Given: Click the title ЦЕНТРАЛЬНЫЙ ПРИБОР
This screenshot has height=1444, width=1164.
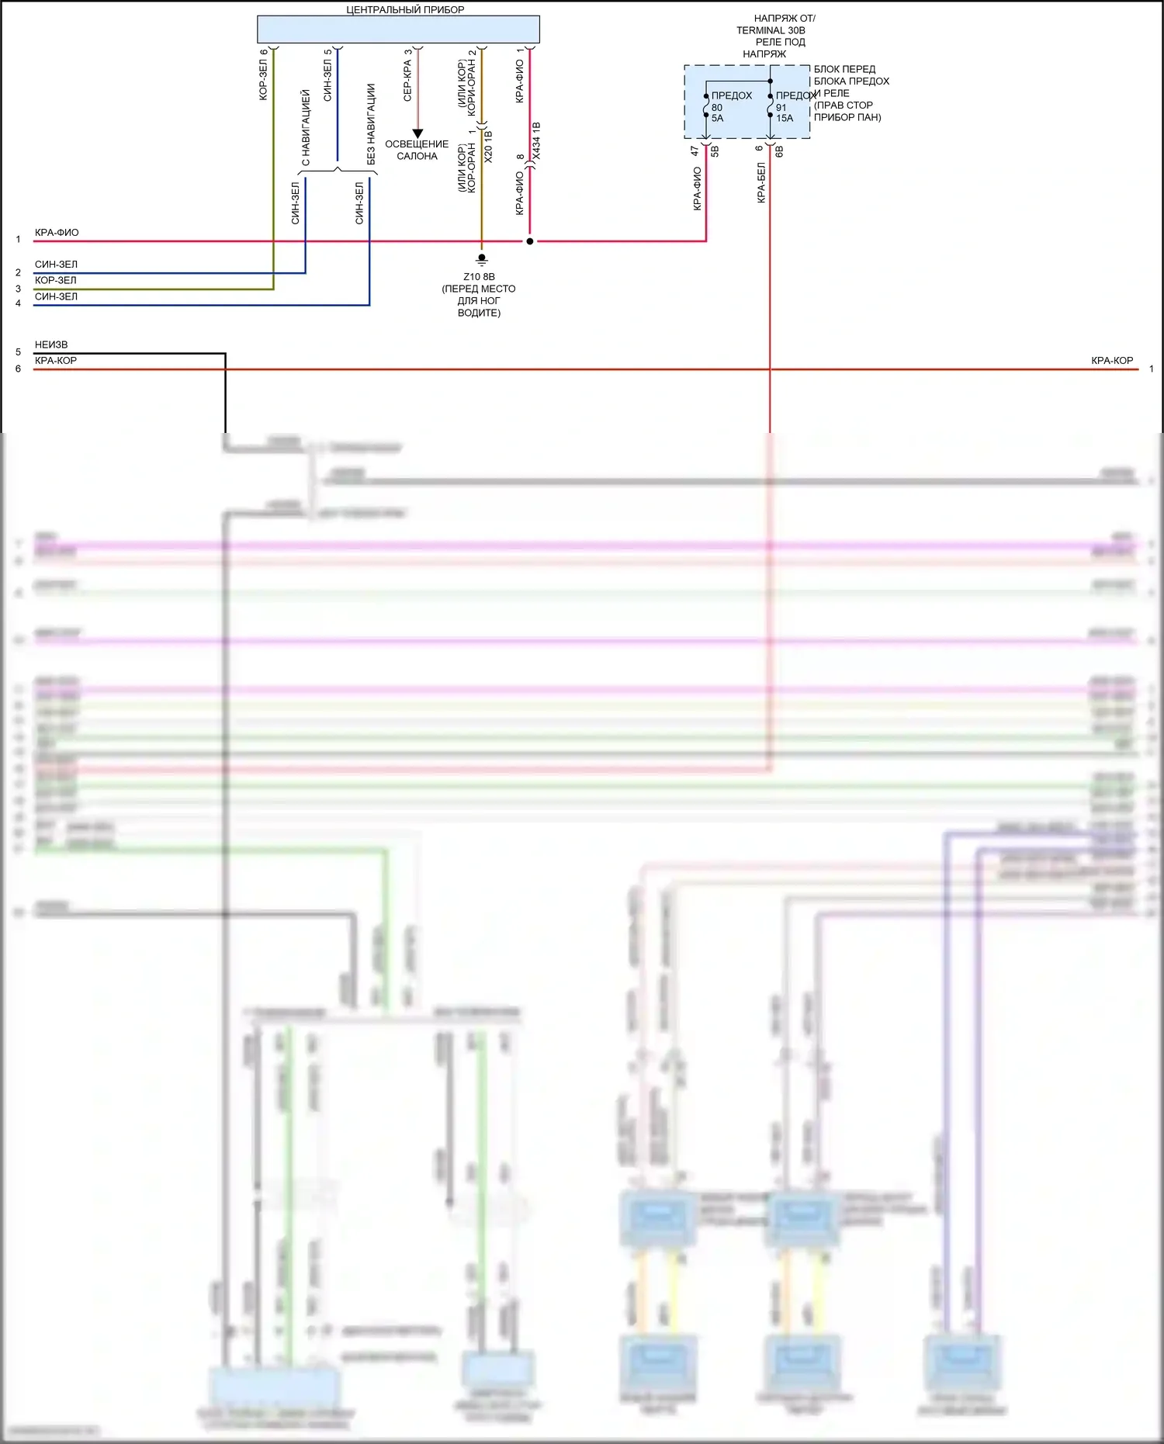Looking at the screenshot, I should click(405, 10).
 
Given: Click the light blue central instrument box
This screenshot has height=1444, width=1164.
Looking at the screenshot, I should click(398, 29).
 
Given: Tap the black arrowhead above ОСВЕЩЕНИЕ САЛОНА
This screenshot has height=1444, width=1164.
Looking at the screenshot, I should click(417, 133).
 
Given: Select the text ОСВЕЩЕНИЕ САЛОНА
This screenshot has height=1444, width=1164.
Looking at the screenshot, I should click(417, 150).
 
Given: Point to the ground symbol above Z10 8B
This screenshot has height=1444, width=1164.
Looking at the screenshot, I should click(482, 259).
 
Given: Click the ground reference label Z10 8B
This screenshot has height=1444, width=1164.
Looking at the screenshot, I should click(479, 276).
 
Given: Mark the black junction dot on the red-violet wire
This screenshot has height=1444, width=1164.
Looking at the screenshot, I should click(530, 241).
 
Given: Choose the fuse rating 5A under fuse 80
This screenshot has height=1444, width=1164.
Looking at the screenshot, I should click(717, 119).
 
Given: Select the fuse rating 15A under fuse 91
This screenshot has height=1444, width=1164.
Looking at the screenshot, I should click(785, 119).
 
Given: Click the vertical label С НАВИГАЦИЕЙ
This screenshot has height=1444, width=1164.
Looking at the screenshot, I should click(306, 127).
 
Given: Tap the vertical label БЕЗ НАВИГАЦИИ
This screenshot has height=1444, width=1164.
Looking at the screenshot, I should click(371, 124).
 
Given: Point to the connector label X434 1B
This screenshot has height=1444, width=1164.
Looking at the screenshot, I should click(537, 141).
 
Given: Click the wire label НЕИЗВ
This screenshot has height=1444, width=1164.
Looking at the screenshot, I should click(51, 345).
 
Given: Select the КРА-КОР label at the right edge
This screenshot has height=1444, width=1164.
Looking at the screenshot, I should click(1112, 361).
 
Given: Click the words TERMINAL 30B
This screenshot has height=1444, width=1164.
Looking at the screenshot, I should click(771, 30).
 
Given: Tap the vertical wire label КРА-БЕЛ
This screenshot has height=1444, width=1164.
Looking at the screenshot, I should click(761, 183).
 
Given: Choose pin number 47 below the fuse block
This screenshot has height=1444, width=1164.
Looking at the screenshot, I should click(695, 151).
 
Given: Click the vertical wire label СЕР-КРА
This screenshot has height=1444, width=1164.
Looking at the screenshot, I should click(407, 81).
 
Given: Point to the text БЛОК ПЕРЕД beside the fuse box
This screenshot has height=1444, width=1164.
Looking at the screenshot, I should click(844, 69).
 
